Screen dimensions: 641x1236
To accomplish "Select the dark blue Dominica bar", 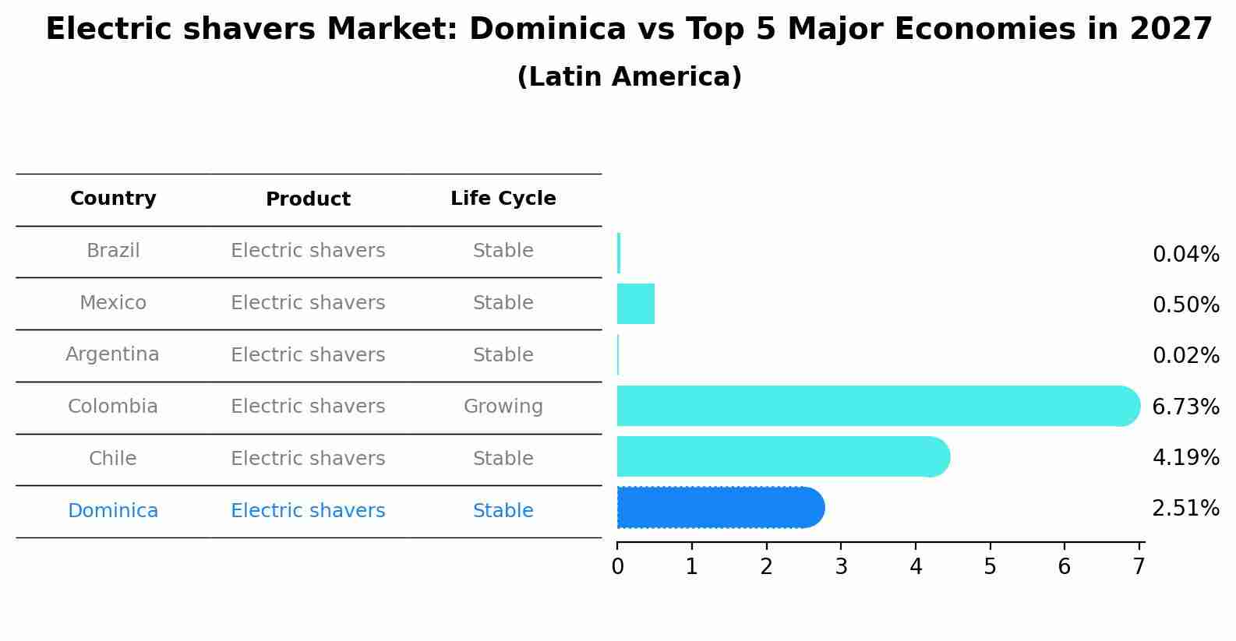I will (717, 508).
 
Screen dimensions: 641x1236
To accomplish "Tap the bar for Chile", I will (779, 456).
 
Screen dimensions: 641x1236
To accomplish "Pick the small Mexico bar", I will (635, 304).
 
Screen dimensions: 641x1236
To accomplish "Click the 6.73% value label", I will (1185, 407).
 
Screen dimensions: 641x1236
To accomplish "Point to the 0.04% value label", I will (1185, 255).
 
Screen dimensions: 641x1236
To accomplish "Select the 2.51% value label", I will (1185, 509).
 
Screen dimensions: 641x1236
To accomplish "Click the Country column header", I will (113, 199).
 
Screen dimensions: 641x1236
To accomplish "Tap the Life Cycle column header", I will (503, 199).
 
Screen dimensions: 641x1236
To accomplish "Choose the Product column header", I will (308, 199).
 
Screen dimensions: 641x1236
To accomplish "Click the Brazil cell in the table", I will (113, 251).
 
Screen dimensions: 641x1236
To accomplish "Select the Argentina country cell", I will (112, 354).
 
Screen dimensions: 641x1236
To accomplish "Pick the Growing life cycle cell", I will (503, 407).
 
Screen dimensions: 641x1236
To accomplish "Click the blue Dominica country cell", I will (113, 511).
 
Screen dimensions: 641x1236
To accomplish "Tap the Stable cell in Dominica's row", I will (503, 511).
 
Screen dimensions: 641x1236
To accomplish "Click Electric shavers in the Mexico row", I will (308, 303).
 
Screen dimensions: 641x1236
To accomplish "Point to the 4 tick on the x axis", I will (916, 566).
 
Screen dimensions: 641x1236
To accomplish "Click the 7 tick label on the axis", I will (1139, 566).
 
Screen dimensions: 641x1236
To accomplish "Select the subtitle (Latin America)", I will (629, 77).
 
